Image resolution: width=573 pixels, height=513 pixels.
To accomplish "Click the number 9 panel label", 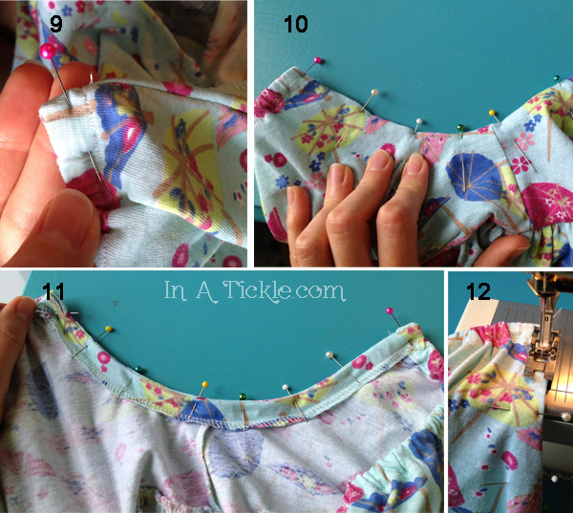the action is click(56, 24).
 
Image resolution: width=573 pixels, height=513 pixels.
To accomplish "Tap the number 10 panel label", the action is click(296, 25).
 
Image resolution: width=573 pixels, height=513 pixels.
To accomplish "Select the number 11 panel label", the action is click(53, 291).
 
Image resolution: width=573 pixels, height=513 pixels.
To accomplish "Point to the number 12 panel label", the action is click(478, 291).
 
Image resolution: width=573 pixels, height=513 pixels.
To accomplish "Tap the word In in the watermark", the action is click(176, 290).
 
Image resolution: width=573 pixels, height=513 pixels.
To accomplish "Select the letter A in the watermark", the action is click(207, 291).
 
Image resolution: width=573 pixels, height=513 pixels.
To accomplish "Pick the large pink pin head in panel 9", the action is click(48, 51).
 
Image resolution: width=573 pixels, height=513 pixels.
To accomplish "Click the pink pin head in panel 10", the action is click(318, 60).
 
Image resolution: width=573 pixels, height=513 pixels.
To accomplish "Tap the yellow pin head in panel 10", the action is click(492, 113).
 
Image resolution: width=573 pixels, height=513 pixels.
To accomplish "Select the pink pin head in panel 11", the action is click(390, 311).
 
